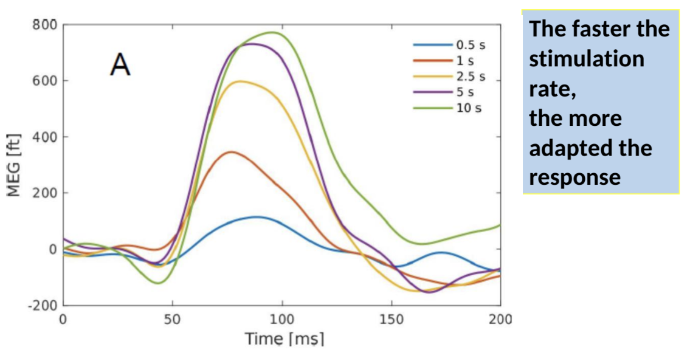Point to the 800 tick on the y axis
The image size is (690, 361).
point(45,25)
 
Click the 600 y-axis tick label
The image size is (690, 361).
point(45,81)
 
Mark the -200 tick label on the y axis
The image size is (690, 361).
point(43,305)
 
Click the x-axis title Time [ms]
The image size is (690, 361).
point(284,339)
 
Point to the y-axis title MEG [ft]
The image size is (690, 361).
point(13,165)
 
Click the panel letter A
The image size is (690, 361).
point(120,64)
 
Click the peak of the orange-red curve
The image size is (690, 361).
point(231,152)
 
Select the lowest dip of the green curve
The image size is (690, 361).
point(157,283)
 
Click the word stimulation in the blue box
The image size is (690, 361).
point(586,60)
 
